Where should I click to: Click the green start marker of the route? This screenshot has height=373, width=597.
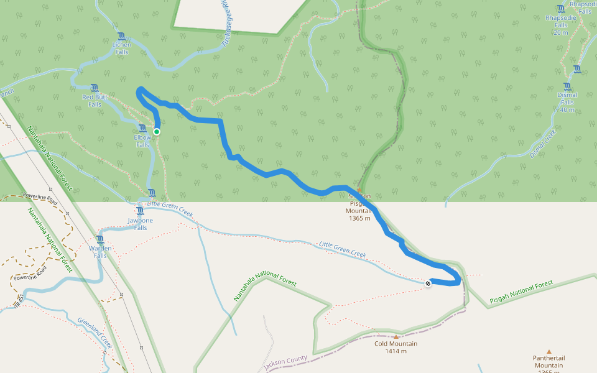[x=157, y=131]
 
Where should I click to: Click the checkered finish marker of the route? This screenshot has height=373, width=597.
[x=428, y=283]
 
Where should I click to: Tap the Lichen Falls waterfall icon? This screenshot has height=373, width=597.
[x=121, y=36]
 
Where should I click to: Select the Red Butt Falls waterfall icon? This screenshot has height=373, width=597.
[x=95, y=88]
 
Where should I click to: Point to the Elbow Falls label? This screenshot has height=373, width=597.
[x=142, y=141]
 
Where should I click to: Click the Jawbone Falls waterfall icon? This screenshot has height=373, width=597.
[x=140, y=211]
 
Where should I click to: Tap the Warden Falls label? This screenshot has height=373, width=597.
[x=100, y=252]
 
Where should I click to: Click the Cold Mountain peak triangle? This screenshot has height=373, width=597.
[x=396, y=337]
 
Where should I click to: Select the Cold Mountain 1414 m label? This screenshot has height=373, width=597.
[x=396, y=347]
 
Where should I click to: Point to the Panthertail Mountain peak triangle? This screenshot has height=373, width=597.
[x=548, y=351]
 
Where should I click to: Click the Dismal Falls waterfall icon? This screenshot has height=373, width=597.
[x=567, y=86]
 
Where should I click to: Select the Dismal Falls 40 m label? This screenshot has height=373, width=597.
[x=567, y=102]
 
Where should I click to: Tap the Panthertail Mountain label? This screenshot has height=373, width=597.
[x=548, y=361]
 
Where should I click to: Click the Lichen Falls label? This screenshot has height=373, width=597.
[x=121, y=48]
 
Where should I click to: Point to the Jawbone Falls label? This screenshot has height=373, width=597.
[x=141, y=224]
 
